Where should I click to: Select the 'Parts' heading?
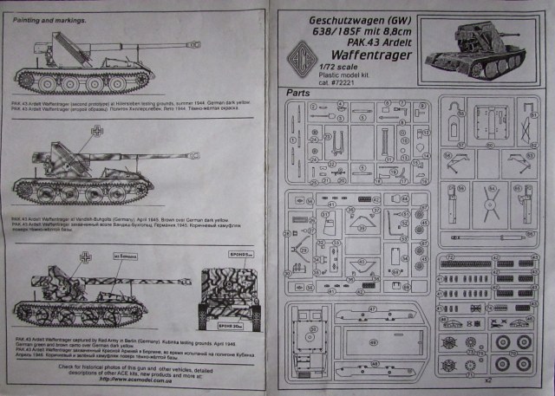tap(297, 91)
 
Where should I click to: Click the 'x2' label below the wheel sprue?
tap(486, 379)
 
